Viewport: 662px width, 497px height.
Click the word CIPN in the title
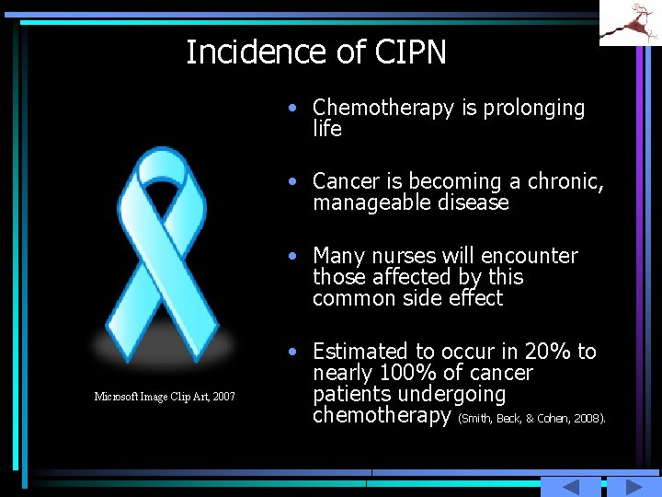[410, 52]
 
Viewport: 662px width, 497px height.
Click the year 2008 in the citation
[588, 419]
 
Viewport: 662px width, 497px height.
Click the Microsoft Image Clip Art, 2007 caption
[165, 397]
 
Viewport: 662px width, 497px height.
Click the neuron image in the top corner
[631, 23]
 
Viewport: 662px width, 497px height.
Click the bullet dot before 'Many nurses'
[291, 255]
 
